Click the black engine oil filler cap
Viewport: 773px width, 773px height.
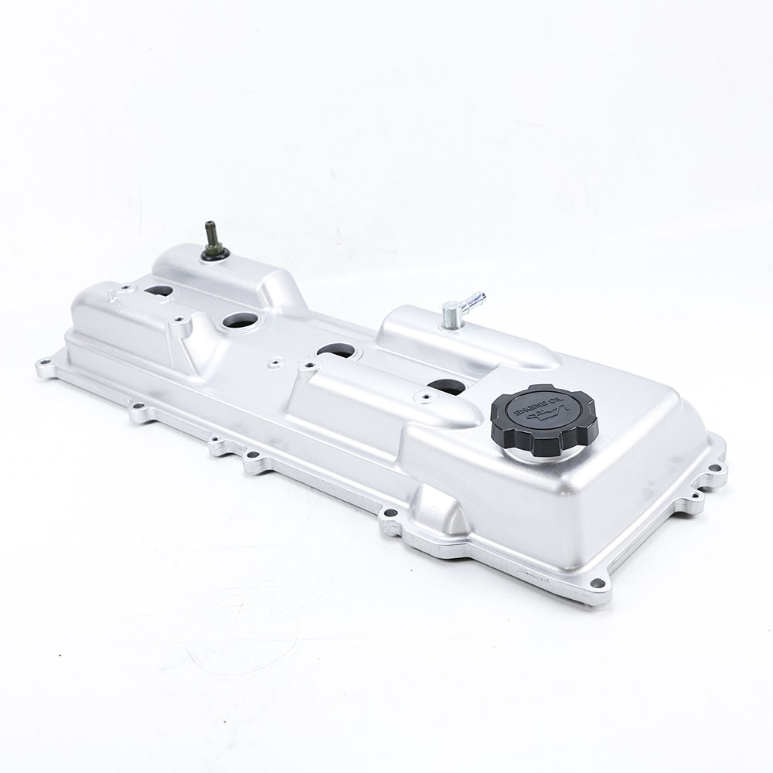544,419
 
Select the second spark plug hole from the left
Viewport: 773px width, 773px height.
239,322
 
